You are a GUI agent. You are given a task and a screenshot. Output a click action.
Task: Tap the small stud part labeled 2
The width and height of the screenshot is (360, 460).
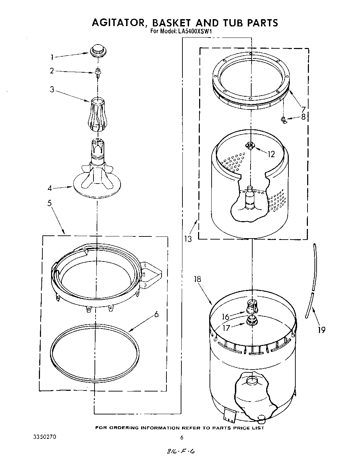point(98,72)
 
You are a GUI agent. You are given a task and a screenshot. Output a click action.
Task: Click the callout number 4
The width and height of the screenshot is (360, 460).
point(50,188)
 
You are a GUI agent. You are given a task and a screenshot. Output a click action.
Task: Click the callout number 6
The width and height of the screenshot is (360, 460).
point(156,315)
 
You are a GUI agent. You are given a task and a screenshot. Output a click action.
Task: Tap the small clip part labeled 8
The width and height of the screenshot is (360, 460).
point(284,120)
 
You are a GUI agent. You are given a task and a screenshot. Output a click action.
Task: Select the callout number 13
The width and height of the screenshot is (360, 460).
point(188,239)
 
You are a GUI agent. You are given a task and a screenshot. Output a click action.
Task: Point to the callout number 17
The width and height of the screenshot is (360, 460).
point(226,328)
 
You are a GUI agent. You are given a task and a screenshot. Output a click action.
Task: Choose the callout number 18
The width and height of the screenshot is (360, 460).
point(198,279)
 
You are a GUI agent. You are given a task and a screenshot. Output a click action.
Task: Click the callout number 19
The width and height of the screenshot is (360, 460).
point(321,329)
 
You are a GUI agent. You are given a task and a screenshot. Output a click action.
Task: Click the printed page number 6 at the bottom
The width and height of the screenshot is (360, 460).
point(181,437)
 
